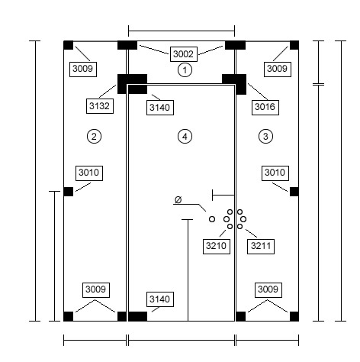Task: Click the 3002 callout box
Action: coord(184,54)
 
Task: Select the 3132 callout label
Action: coord(100,106)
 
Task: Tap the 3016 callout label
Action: coord(265,108)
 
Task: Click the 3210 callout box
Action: coord(217,246)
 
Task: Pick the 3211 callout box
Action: coord(261,246)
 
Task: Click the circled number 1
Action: coord(185,69)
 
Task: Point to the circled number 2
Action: coord(94,137)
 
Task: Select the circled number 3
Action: coord(265,137)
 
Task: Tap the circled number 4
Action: coord(185,137)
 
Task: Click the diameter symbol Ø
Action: coord(178,199)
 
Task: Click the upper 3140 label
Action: coord(160,108)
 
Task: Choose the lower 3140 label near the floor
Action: coord(160,299)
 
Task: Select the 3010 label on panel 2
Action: coord(89,173)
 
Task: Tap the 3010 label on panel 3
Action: coord(275,173)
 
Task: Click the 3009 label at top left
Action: coord(83,69)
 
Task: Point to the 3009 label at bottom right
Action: coord(268,289)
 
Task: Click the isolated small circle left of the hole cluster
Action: coord(212,219)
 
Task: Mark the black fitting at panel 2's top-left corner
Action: coord(68,45)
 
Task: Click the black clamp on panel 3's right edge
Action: coord(294,192)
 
